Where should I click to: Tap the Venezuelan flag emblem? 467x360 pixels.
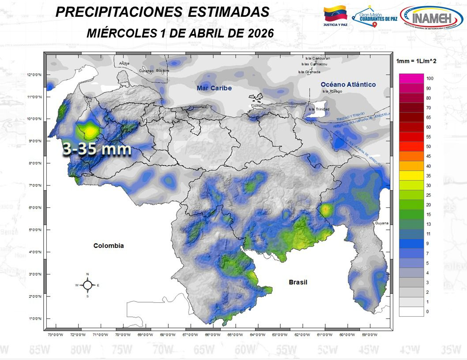pyautogui.click(x=335, y=14)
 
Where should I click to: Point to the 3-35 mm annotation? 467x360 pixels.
pyautogui.click(x=97, y=149)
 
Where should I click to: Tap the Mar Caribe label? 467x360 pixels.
pyautogui.click(x=214, y=88)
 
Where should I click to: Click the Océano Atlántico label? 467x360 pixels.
pyautogui.click(x=348, y=84)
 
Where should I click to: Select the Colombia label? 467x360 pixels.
pyautogui.click(x=109, y=246)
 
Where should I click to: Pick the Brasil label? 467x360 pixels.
pyautogui.click(x=298, y=282)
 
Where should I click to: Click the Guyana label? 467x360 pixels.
pyautogui.click(x=381, y=223)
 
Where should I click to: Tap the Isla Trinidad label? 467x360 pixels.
pyautogui.click(x=319, y=109)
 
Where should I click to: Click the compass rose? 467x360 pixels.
pyautogui.click(x=87, y=285)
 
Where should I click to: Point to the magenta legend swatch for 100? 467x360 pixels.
pyautogui.click(x=411, y=78)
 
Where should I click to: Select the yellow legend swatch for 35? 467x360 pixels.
pyautogui.click(x=411, y=176)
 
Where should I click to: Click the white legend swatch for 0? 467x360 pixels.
pyautogui.click(x=411, y=311)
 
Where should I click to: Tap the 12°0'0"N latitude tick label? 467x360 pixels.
pyautogui.click(x=34, y=75)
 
